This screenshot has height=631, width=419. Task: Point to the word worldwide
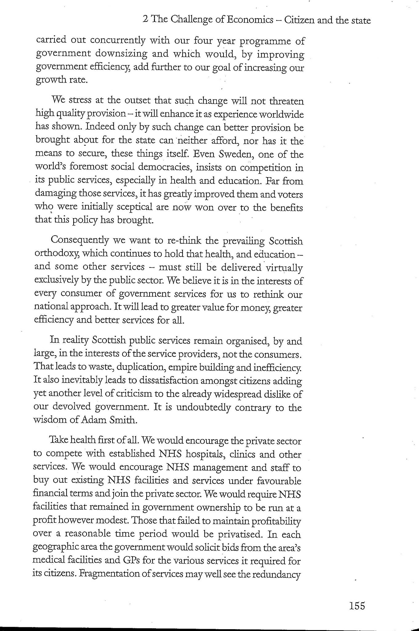[280, 115]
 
